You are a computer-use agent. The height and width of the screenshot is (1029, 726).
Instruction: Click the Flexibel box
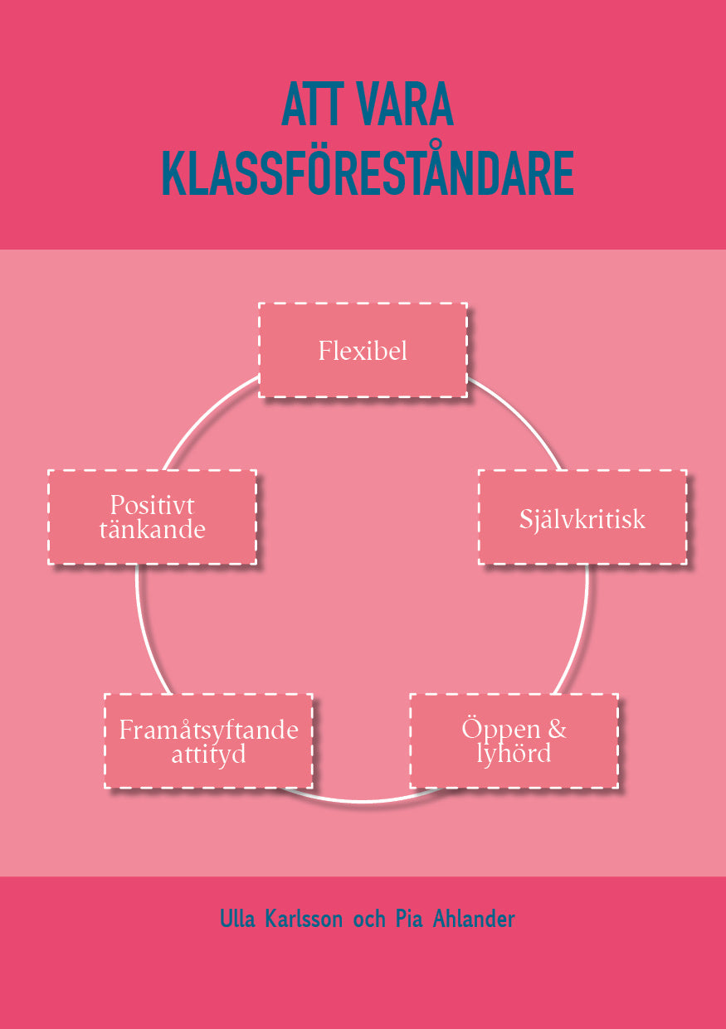[x=363, y=350]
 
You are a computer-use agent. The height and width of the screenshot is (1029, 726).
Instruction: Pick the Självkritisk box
[x=582, y=517]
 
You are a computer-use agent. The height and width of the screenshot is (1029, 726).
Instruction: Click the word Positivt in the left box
[x=152, y=505]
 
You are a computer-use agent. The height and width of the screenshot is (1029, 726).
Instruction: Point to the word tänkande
[x=152, y=530]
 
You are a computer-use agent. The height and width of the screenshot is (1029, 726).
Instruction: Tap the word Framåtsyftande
[x=209, y=730]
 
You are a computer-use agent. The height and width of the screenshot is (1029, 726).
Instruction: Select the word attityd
[x=209, y=755]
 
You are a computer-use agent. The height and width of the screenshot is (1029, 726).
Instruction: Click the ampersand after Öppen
[x=557, y=729]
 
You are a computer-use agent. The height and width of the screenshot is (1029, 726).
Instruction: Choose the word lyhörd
[x=514, y=754]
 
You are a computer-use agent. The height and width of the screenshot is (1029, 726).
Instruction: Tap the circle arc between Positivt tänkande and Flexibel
[x=205, y=415]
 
